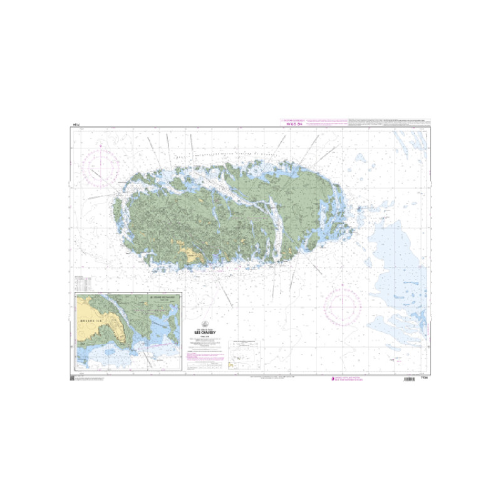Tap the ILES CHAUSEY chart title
click(206, 333)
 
